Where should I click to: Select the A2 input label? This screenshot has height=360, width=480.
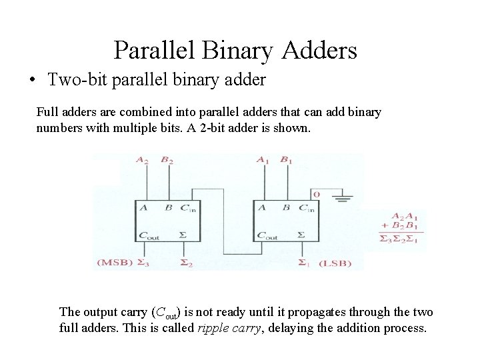pos(142,160)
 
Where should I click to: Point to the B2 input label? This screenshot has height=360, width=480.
pos(167,160)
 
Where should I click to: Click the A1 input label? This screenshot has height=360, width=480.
pos(263,160)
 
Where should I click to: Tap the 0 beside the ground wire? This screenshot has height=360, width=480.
pos(317,193)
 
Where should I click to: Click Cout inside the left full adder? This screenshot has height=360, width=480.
pos(149,235)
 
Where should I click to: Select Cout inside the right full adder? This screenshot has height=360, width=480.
pos(270,235)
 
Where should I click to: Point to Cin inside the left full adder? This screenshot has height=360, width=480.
pos(189,209)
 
